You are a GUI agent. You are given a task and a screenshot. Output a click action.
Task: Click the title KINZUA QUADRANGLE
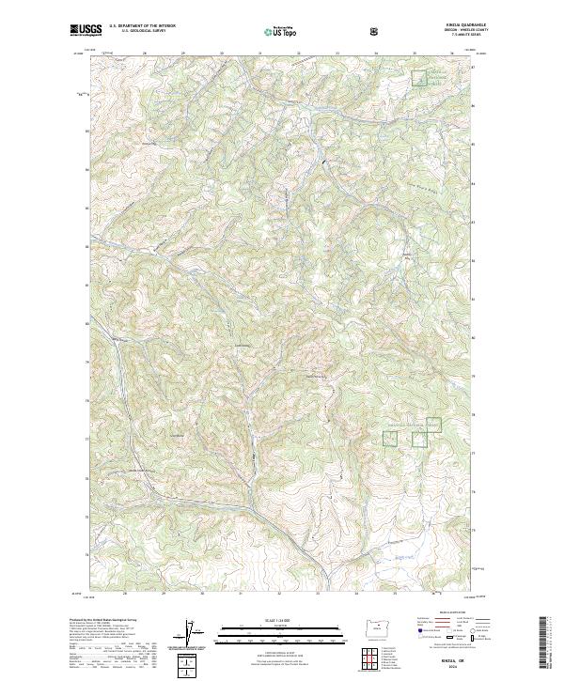437,26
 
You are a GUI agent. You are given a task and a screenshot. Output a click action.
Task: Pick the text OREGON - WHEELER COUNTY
437,31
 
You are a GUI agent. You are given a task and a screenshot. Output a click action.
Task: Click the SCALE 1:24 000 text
281,620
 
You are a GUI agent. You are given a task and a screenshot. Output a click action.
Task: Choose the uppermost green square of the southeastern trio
433,424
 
